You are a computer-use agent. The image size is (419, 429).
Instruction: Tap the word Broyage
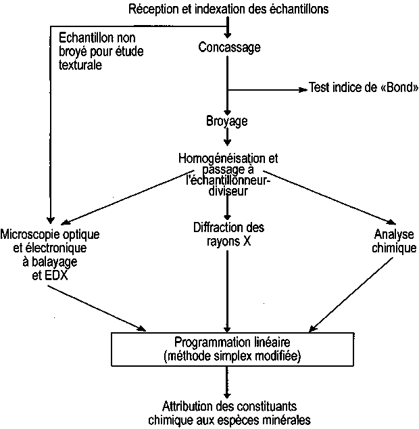(227, 121)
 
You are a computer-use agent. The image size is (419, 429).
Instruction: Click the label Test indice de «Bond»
(363, 89)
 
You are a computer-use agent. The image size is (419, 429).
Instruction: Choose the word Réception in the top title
(149, 8)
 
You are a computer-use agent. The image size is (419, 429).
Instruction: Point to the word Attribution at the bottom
(177, 408)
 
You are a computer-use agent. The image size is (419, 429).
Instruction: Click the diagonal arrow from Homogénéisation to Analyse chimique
(335, 199)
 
